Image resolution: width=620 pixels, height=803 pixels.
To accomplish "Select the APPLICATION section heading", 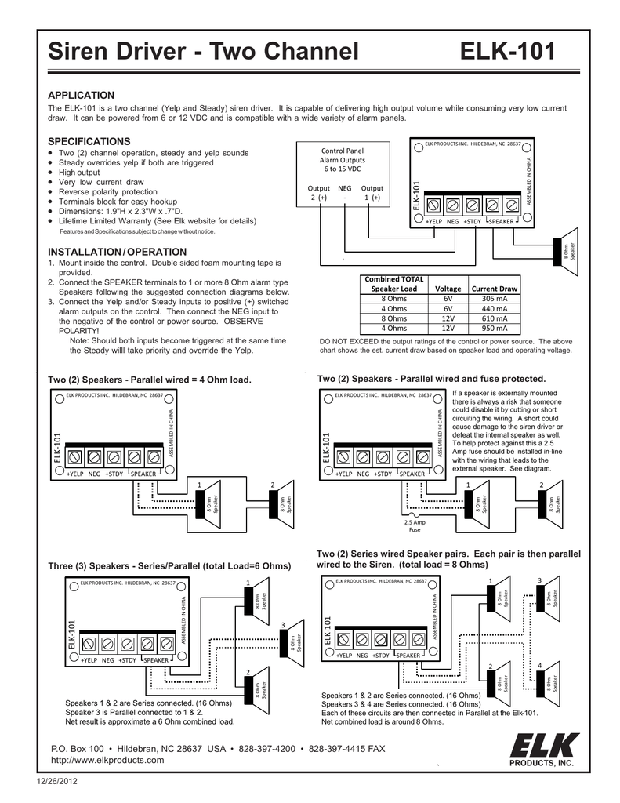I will pos(82,95).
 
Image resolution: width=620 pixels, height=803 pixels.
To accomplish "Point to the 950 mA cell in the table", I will pos(494,329).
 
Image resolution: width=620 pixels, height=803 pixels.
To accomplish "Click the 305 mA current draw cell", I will pos(494,299).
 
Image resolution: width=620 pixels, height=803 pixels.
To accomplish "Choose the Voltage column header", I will pos(448,289).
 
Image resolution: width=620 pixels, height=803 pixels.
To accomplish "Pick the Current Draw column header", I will pos(494,289).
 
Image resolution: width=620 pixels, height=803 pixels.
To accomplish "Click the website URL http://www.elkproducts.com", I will pos(107,760).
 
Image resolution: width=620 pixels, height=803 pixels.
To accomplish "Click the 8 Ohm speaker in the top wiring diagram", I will pos(567,250).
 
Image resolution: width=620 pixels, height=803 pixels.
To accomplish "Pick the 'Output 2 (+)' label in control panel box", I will pos(318,193).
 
